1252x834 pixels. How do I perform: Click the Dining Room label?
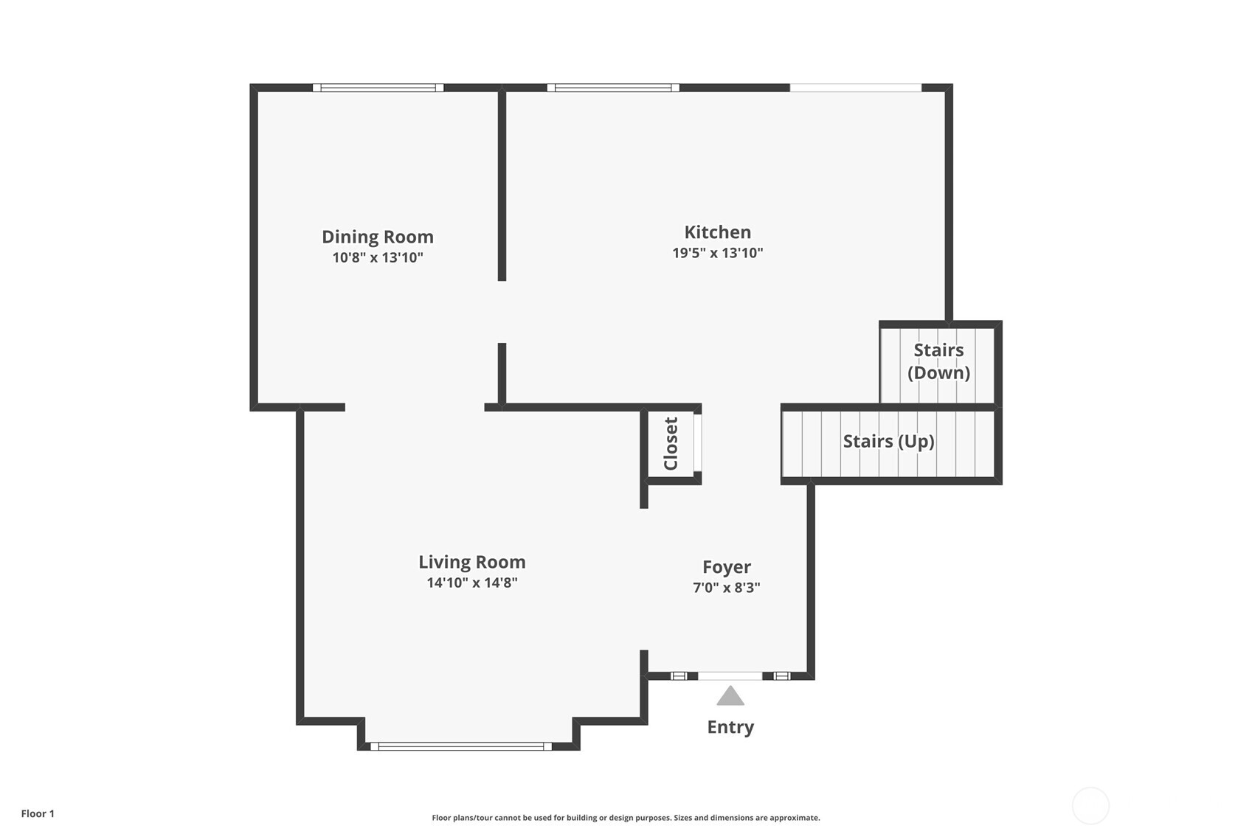click(x=377, y=237)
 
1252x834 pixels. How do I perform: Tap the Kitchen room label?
click(x=717, y=232)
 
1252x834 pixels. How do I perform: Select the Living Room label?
click(x=471, y=562)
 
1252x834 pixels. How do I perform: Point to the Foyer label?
click(x=726, y=567)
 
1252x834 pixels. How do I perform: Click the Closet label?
click(x=671, y=444)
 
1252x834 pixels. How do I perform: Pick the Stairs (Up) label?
click(x=888, y=441)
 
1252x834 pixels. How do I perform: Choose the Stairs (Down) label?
click(x=938, y=361)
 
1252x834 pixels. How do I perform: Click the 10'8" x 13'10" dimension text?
click(x=377, y=257)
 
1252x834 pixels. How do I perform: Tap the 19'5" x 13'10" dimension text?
click(x=717, y=253)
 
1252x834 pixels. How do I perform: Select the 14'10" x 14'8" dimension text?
click(x=471, y=583)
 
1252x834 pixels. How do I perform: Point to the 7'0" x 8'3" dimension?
click(x=726, y=588)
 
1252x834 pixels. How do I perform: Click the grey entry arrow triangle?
click(x=730, y=697)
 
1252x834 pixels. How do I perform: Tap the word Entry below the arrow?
click(x=730, y=727)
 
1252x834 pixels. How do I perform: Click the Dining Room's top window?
click(x=378, y=88)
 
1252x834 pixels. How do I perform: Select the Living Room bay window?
click(x=461, y=746)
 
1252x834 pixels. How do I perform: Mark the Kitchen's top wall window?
click(x=612, y=88)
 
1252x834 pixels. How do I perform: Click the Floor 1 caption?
click(x=38, y=813)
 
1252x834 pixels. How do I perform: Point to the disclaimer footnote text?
click(x=626, y=817)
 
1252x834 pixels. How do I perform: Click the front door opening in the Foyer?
click(x=730, y=675)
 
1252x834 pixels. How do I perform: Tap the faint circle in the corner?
click(x=1090, y=805)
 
